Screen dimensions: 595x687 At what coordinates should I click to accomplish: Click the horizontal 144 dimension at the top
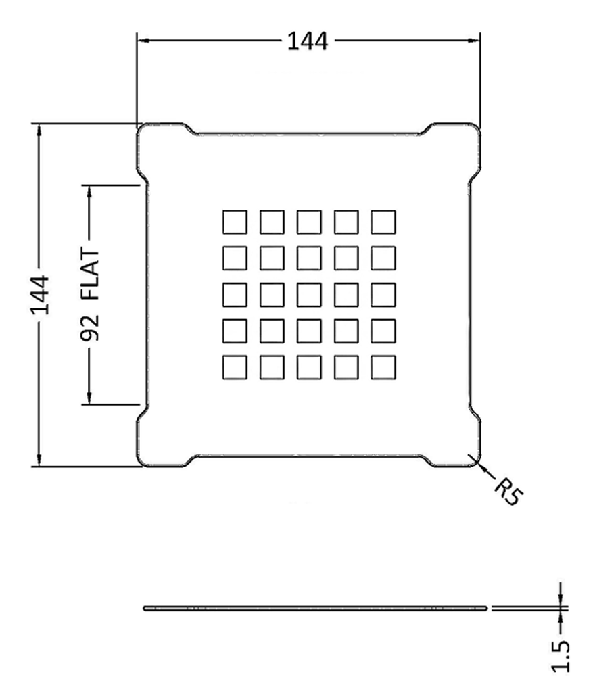(307, 42)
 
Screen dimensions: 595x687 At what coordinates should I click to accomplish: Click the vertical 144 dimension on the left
(40, 295)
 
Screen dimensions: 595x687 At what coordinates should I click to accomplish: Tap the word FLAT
(90, 275)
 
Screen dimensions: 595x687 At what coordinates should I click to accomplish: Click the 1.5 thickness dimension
(561, 655)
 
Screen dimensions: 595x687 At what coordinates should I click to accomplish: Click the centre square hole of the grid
(309, 294)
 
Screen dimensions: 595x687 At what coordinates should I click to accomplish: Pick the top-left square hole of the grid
(235, 222)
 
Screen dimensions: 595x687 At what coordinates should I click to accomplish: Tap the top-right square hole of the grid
(383, 222)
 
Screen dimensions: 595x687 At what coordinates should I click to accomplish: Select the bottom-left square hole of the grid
(235, 367)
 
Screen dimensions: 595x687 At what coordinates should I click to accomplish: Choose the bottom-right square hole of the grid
(383, 367)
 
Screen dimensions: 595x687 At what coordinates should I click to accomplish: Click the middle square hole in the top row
(309, 222)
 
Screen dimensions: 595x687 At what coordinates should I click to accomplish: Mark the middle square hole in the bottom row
(309, 367)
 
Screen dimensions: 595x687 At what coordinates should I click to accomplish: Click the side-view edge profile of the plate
(315, 608)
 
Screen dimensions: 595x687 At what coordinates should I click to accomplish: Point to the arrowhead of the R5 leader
(481, 466)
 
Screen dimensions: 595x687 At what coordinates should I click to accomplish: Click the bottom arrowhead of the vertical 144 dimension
(39, 459)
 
